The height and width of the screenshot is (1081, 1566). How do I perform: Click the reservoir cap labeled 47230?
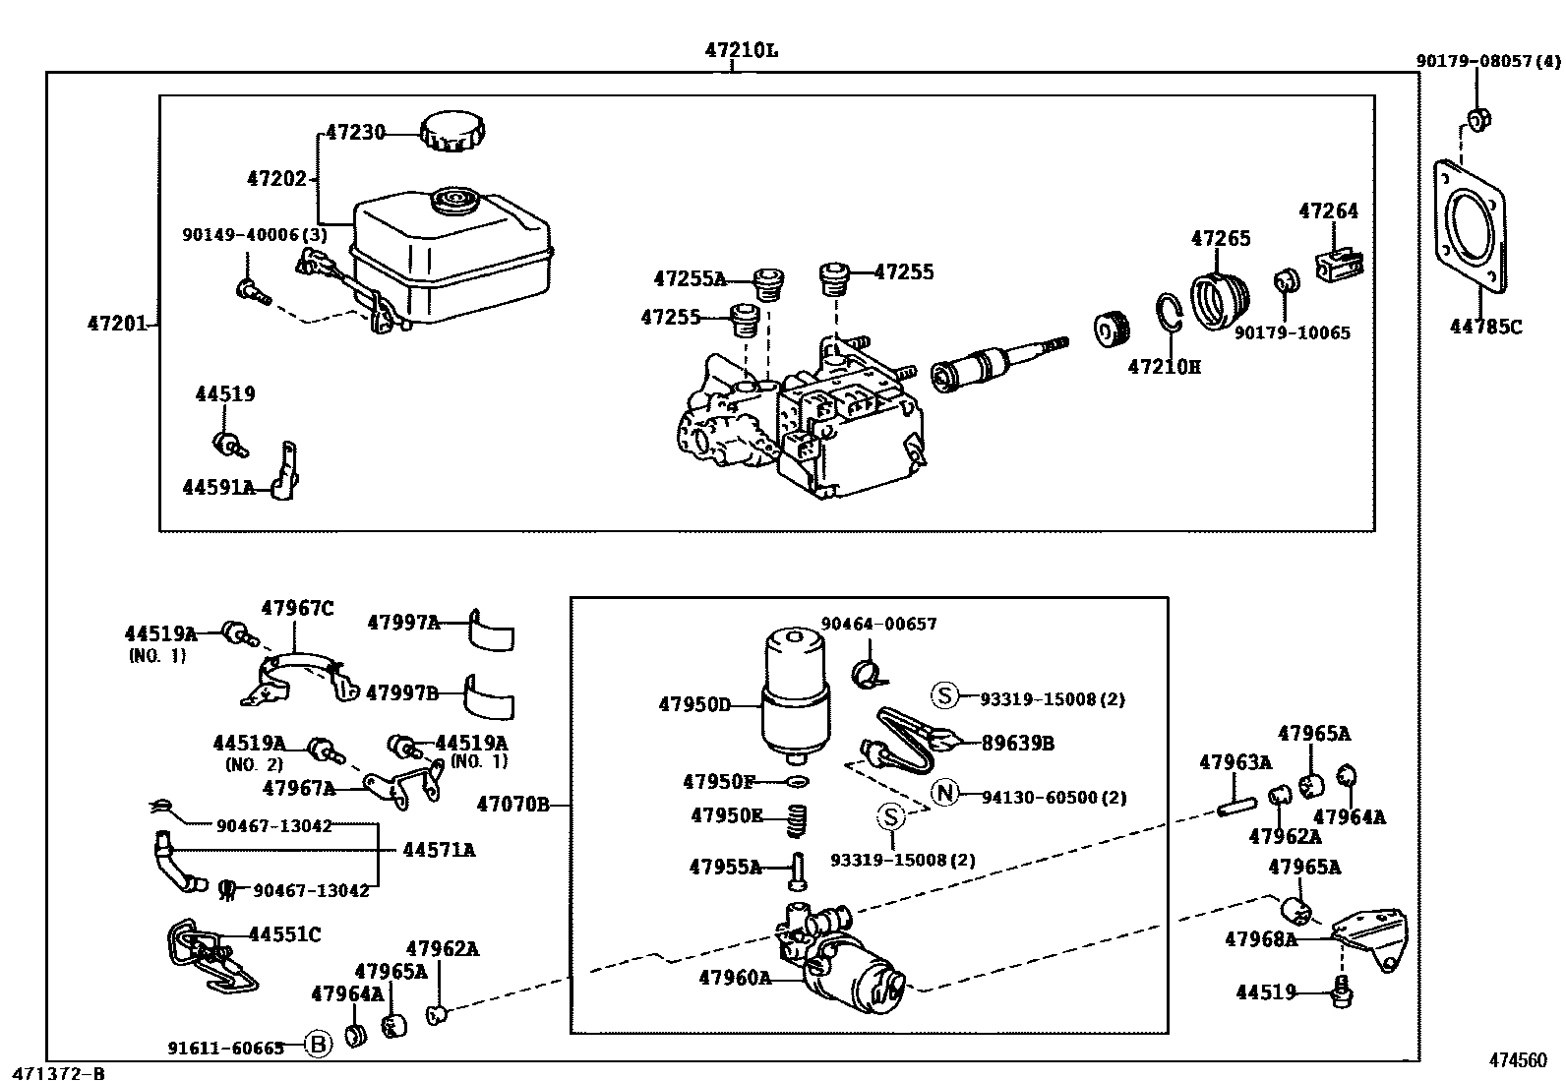pos(453,132)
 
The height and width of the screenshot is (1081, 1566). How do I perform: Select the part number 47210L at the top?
pos(740,49)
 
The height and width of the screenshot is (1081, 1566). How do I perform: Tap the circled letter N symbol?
pos(944,793)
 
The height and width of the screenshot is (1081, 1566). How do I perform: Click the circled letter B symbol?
pos(318,1046)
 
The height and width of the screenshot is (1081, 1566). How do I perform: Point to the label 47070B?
pos(512,805)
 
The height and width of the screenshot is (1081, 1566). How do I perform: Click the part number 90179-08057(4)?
pos(1486,61)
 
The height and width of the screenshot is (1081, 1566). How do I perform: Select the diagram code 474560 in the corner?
pos(1517,1060)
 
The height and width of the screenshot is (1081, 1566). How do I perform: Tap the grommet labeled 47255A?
pos(767,284)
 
